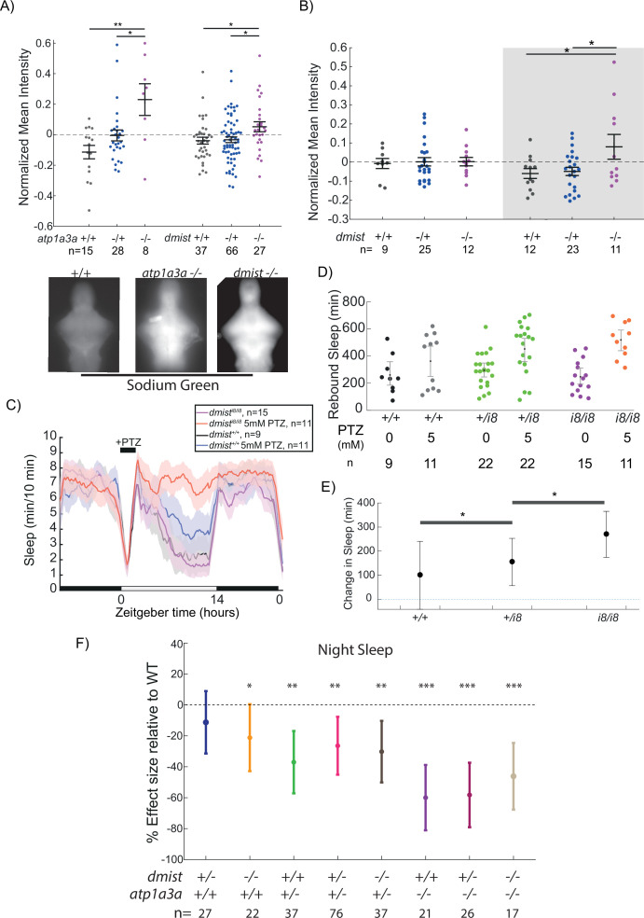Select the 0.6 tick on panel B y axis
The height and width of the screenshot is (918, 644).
(354, 47)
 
